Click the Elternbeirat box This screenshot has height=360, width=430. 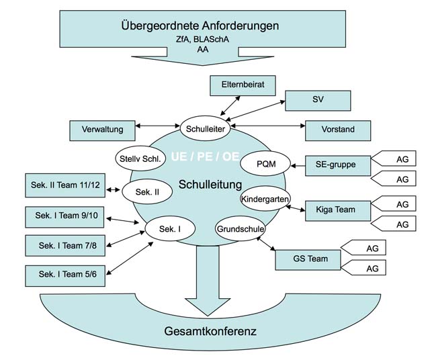241,85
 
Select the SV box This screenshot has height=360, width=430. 318,99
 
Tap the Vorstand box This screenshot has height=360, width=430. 338,130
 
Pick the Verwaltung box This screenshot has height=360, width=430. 102,130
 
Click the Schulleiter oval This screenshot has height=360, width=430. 206,127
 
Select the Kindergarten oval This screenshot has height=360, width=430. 263,198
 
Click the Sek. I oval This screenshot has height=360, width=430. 171,229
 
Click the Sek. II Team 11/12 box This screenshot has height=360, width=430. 64,185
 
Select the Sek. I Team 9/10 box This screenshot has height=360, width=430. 64,216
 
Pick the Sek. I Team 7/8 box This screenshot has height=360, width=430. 64,245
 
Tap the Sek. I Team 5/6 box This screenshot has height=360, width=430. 64,275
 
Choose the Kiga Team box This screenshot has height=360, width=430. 339,210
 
